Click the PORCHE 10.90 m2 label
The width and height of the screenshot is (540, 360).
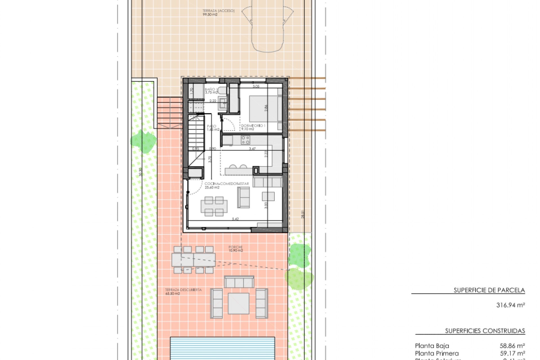point(235,249)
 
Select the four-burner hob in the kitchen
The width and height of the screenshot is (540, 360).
point(246,140)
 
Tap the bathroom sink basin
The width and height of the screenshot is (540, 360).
point(224,103)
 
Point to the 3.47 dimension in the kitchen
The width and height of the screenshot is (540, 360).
point(252,149)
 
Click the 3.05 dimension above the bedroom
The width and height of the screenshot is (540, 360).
point(256,87)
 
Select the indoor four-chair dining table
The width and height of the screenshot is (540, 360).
point(214,206)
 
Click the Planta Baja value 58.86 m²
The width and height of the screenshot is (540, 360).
point(512,346)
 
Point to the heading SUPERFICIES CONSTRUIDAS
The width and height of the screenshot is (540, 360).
point(485,331)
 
